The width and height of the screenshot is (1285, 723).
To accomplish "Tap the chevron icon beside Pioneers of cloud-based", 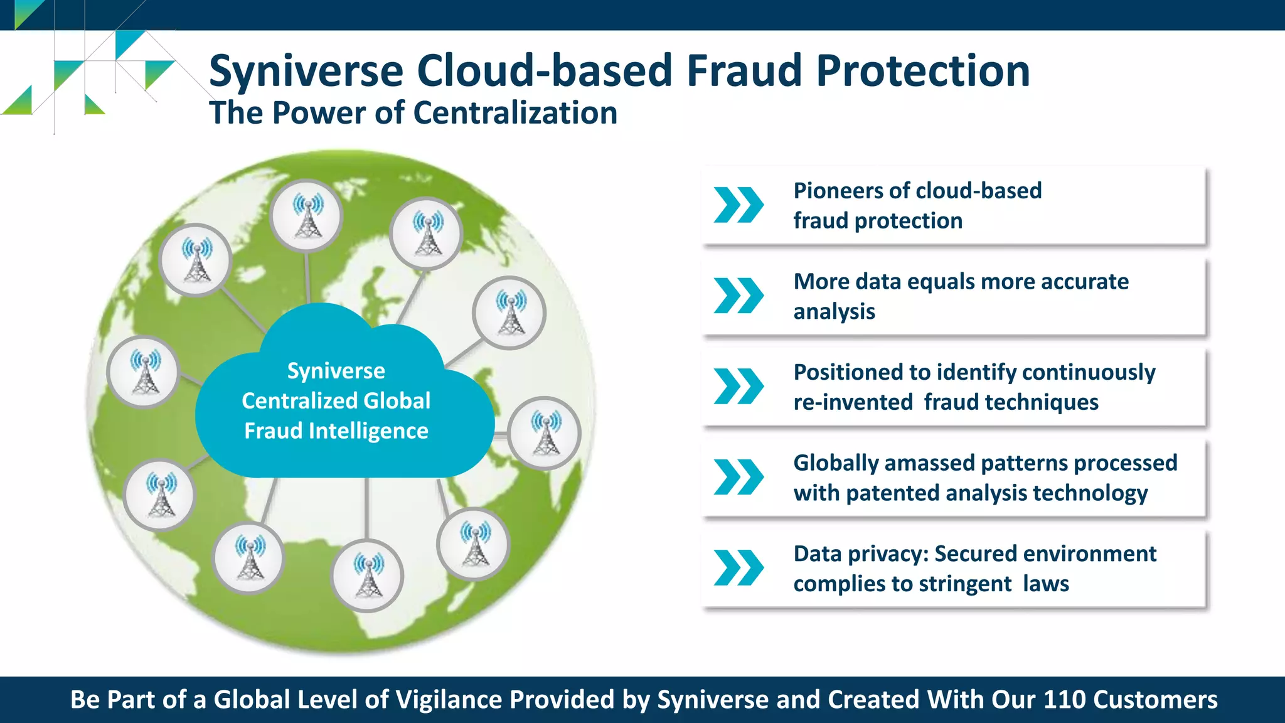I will pyautogui.click(x=738, y=205).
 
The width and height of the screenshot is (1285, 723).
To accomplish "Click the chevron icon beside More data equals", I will pyautogui.click(x=738, y=296).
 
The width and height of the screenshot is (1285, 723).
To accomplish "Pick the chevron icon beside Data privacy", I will pyautogui.click(x=738, y=568).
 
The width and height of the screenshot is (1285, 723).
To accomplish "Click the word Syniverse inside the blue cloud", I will pyautogui.click(x=336, y=371).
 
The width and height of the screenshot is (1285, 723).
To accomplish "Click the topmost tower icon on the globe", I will pyautogui.click(x=307, y=215).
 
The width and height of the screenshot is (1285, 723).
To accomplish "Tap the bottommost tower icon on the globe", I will pyautogui.click(x=368, y=576).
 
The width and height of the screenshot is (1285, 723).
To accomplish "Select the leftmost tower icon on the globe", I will pyautogui.click(x=144, y=372).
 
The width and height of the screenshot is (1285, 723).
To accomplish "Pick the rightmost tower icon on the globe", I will pyautogui.click(x=545, y=433).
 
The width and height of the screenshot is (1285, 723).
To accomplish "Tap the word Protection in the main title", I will pyautogui.click(x=922, y=70).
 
